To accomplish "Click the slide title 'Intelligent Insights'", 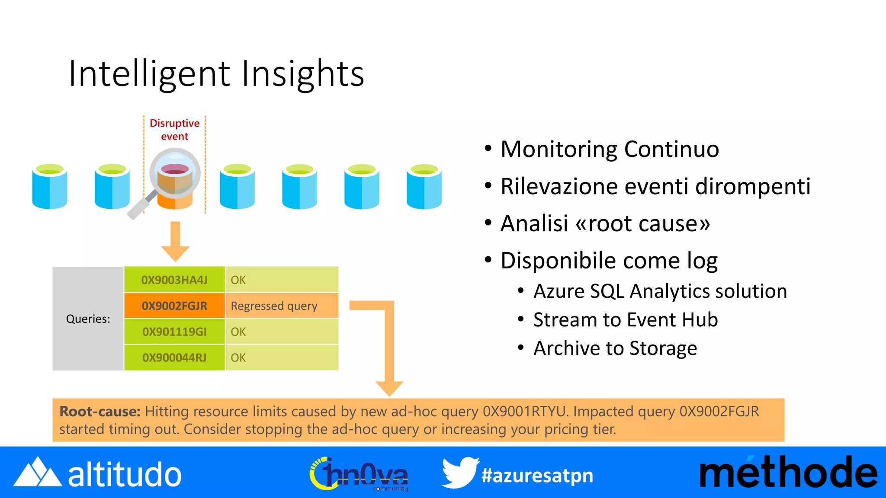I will click(216, 74).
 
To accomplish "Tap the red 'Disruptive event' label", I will click(174, 129).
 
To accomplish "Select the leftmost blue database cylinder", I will click(50, 186).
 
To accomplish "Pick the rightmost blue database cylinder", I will click(424, 186).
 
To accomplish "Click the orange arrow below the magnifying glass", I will click(175, 242).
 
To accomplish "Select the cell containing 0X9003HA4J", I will click(174, 280).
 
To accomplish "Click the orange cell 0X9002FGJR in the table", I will click(174, 306).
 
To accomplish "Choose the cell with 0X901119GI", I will click(174, 332).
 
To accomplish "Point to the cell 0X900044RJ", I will click(174, 358).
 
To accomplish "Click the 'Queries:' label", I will click(88, 319).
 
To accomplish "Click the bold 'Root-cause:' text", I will click(100, 411).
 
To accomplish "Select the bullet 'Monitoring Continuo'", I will click(609, 150).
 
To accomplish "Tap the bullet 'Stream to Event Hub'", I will click(625, 320).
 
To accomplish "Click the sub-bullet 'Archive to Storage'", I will click(615, 348).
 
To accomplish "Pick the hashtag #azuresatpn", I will click(537, 476).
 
